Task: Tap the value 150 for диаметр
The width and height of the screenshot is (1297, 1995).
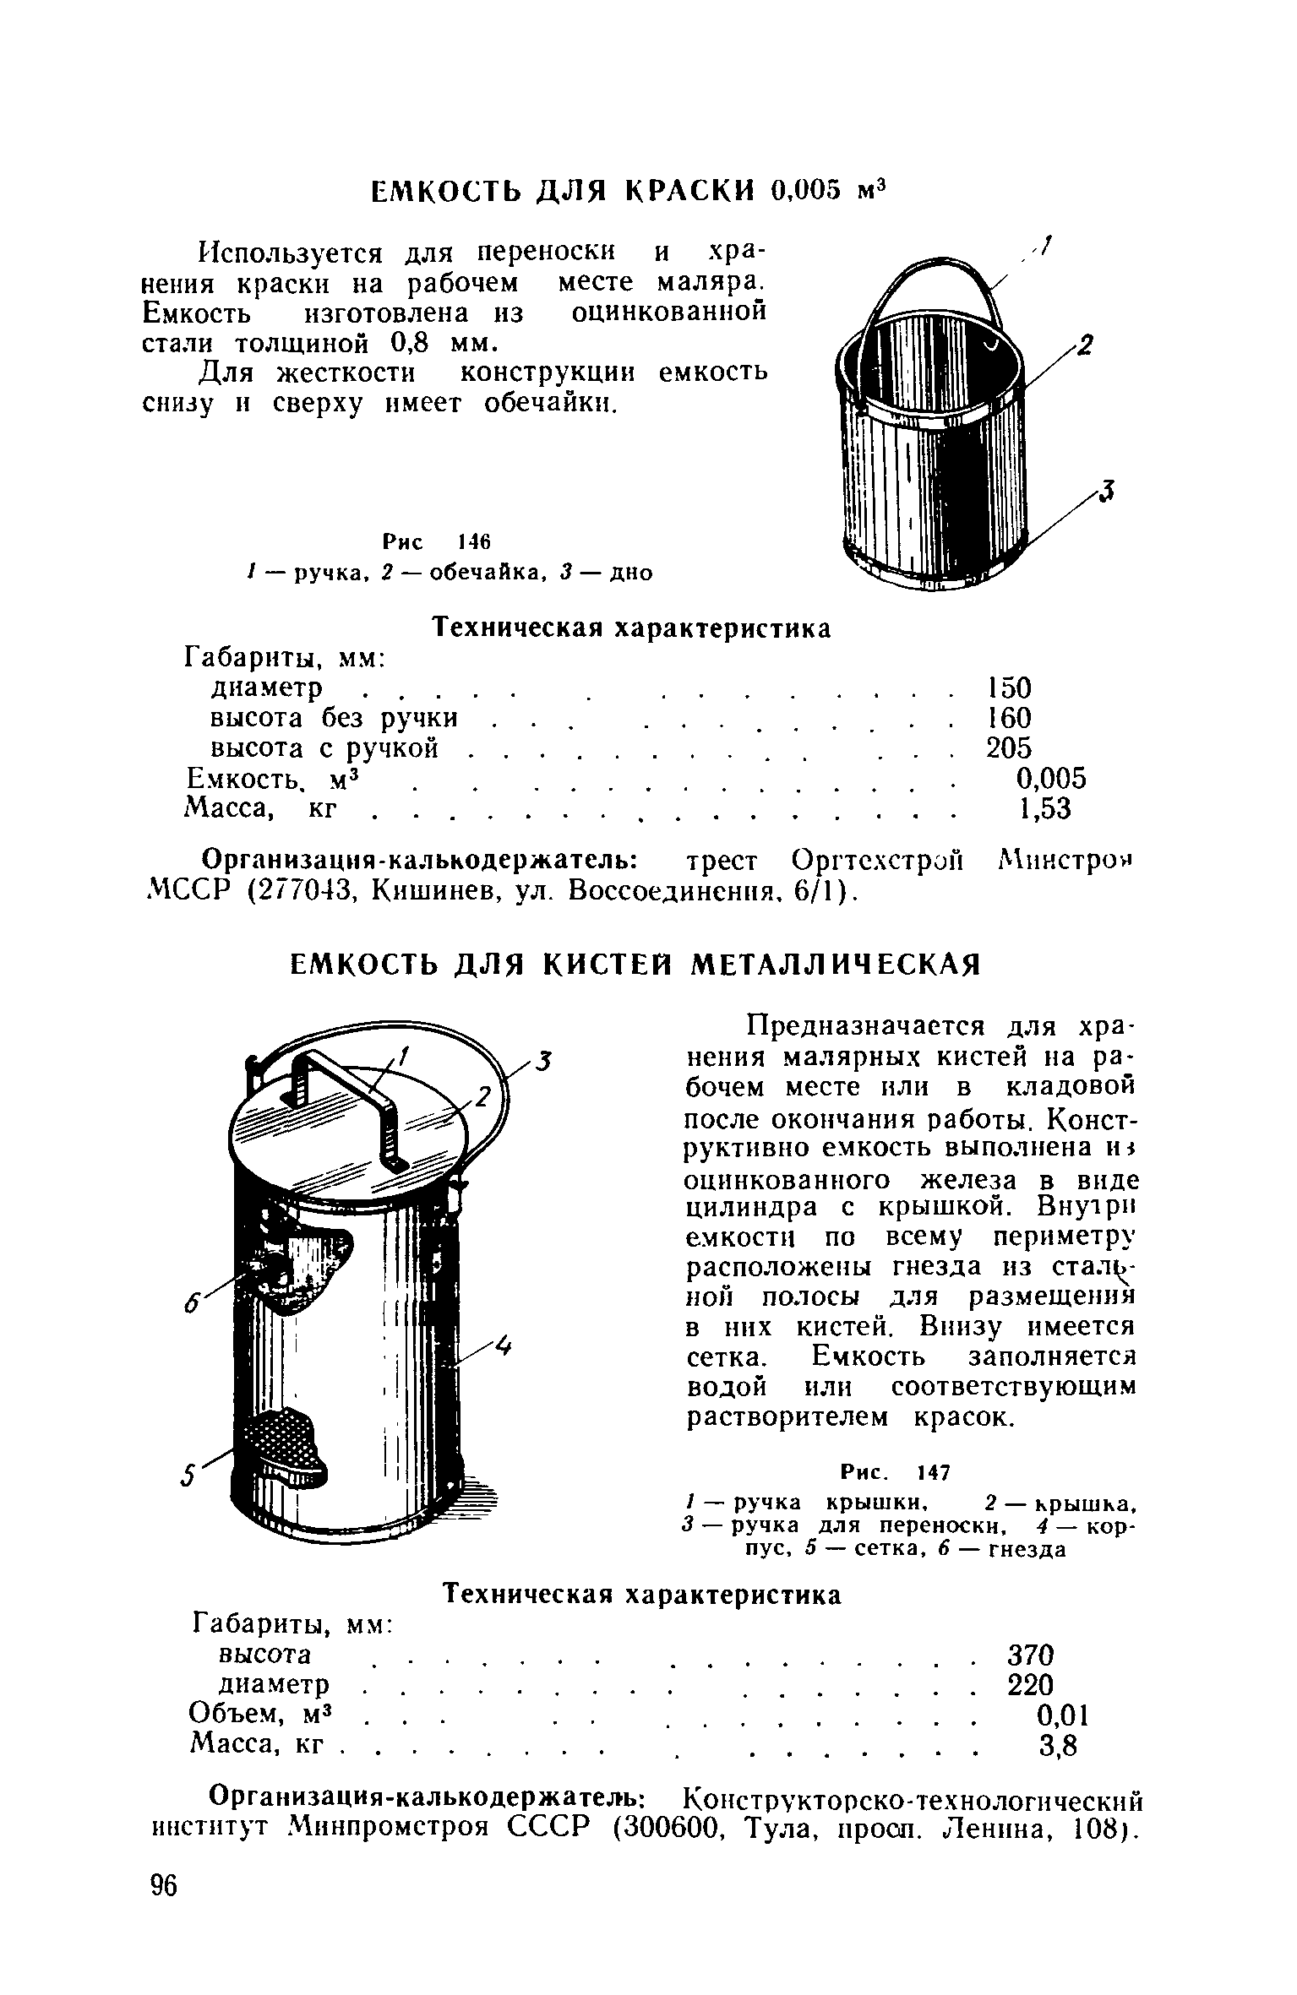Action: click(x=1010, y=688)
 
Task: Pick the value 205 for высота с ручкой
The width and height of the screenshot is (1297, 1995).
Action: click(x=1010, y=748)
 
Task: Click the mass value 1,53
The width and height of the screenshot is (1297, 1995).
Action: click(x=1044, y=809)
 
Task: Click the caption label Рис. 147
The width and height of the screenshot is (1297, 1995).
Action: click(x=896, y=1472)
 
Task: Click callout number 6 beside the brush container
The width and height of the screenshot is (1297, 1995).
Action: click(x=193, y=1306)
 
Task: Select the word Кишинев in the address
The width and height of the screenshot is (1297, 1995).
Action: click(x=421, y=890)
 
